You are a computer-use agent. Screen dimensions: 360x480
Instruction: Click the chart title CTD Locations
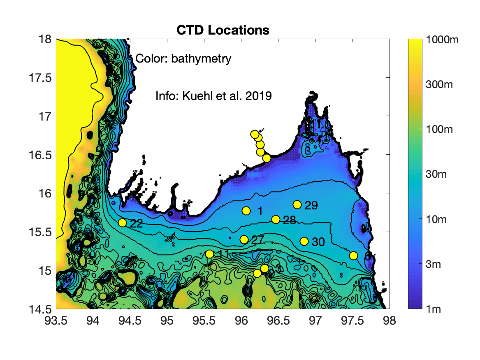[x=223, y=30]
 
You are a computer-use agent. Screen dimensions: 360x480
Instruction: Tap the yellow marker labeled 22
[x=122, y=223]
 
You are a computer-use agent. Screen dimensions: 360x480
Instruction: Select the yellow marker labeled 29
[x=297, y=204]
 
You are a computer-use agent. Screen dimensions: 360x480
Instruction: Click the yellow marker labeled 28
[x=276, y=219]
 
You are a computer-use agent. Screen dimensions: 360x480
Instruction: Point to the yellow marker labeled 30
[x=304, y=241]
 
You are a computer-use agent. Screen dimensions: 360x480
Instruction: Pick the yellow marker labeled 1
[x=246, y=211]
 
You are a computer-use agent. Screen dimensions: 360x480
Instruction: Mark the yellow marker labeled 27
[x=244, y=239]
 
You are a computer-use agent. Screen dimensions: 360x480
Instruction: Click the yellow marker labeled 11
[x=209, y=254]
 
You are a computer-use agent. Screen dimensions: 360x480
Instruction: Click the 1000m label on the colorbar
[x=445, y=40]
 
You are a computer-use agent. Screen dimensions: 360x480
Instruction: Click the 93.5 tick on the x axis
[x=56, y=321]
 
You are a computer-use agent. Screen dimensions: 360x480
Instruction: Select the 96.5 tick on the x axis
[x=278, y=321]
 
